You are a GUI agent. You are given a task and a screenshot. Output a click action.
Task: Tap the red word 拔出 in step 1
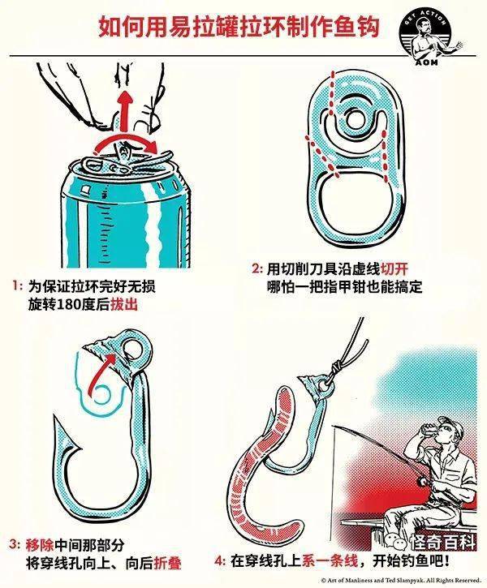(x=124, y=305)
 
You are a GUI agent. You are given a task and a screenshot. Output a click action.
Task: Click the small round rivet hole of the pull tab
(x=353, y=120)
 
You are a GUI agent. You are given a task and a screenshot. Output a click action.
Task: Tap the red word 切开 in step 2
(x=394, y=269)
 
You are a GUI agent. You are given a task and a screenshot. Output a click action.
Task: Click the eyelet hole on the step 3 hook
(x=133, y=349)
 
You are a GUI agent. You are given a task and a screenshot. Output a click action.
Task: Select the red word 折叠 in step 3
(x=168, y=563)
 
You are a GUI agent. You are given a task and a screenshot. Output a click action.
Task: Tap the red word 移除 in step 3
(x=40, y=545)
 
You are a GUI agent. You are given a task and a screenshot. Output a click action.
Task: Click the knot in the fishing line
(x=338, y=364)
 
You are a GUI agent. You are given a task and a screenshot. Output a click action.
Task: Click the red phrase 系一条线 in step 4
(x=330, y=561)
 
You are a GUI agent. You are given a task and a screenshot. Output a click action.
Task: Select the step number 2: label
(x=256, y=269)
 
